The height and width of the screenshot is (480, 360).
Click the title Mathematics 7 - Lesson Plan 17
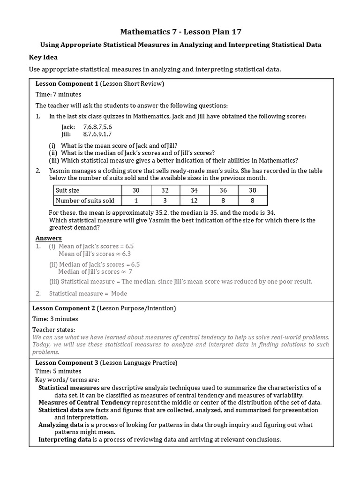(x=180, y=32)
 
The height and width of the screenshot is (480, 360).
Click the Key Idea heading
(x=44, y=57)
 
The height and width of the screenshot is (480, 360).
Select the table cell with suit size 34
(x=194, y=190)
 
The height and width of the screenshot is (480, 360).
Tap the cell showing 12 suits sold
(x=194, y=201)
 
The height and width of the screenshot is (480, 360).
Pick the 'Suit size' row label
(x=68, y=190)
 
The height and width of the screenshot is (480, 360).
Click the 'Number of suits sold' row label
(x=85, y=201)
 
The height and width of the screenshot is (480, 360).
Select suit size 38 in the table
(x=253, y=190)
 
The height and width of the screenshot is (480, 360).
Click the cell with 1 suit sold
(x=136, y=201)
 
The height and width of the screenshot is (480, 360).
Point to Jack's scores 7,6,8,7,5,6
(x=97, y=127)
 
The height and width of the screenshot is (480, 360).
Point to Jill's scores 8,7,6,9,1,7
(x=97, y=134)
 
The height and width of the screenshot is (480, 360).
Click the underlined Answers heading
(x=49, y=238)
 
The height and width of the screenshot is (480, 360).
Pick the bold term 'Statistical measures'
(x=69, y=388)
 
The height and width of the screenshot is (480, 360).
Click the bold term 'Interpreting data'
(x=65, y=440)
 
